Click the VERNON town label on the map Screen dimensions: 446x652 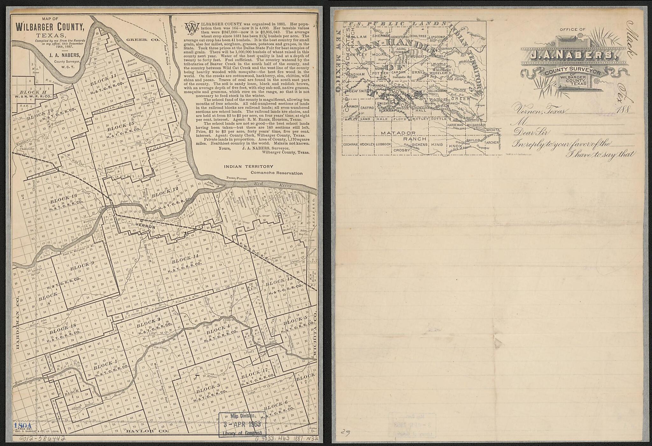(145, 227)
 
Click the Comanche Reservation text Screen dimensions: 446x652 (276, 173)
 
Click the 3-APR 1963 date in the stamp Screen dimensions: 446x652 (242, 424)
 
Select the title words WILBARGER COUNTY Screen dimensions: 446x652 (50, 27)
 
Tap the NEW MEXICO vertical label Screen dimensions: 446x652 (338, 60)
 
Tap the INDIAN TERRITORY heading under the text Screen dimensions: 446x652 (248, 166)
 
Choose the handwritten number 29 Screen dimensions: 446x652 (345, 432)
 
